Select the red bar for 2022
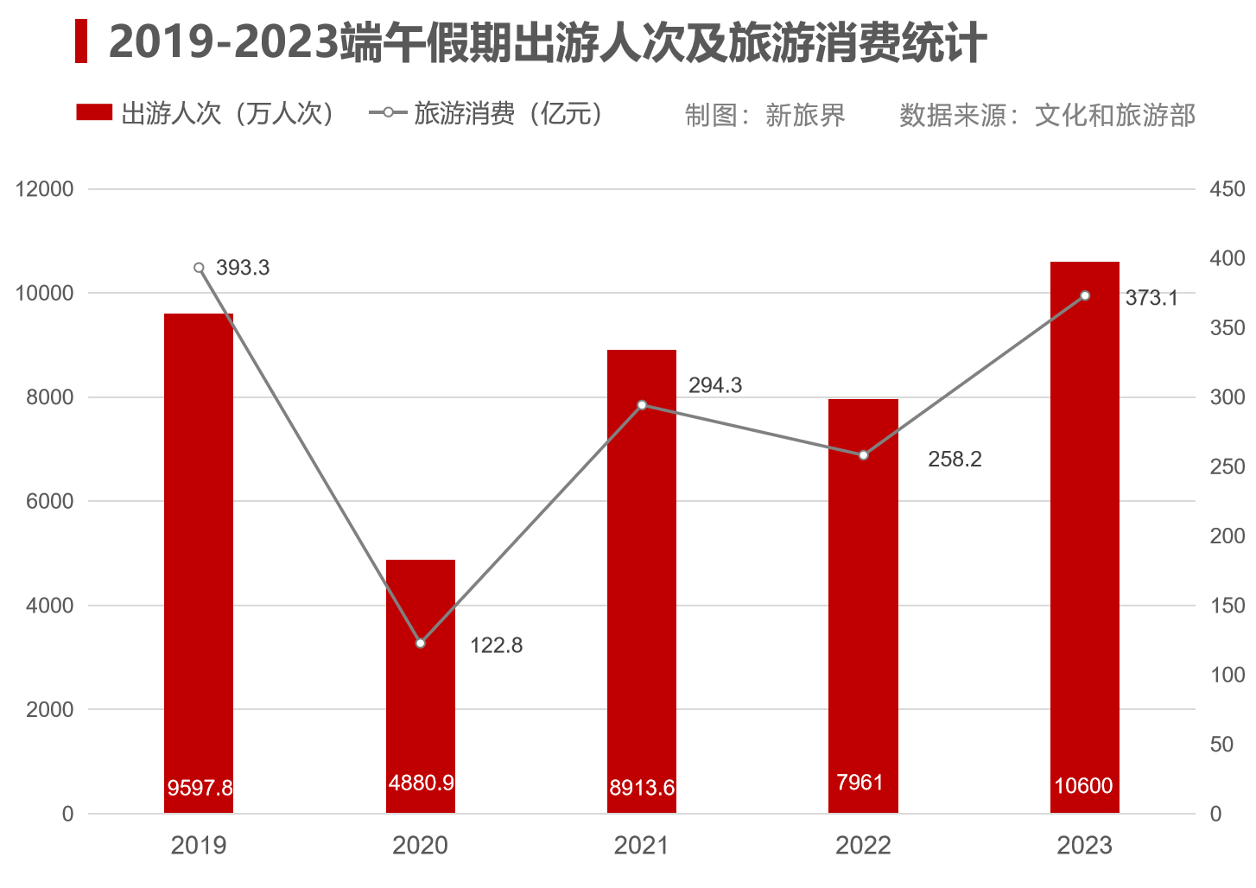click(x=863, y=605)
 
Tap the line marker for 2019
click(x=199, y=268)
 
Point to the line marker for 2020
click(x=421, y=643)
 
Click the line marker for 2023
click(x=1085, y=296)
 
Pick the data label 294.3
click(x=714, y=385)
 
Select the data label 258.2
click(x=955, y=459)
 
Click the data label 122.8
click(x=496, y=645)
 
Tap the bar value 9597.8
click(x=200, y=788)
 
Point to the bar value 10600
click(x=1083, y=786)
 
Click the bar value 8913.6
click(x=642, y=788)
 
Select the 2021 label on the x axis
click(x=641, y=845)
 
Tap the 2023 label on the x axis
click(x=1084, y=845)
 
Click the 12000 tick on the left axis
click(x=44, y=189)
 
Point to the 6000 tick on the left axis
click(x=50, y=501)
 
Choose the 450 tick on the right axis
click(x=1227, y=189)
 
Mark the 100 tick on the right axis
click(x=1227, y=675)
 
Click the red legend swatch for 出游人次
click(x=94, y=113)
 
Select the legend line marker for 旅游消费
click(x=389, y=113)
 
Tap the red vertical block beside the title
click(x=81, y=41)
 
